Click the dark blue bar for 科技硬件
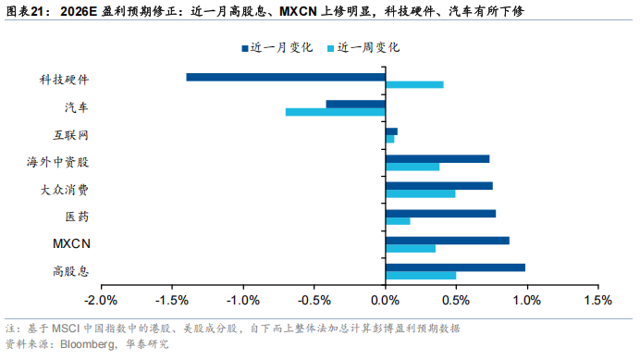click(286, 77)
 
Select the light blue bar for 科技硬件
click(414, 85)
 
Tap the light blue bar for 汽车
click(335, 112)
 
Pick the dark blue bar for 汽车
click(356, 104)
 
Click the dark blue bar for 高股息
click(455, 267)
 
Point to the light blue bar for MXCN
click(411, 248)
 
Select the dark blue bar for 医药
click(440, 213)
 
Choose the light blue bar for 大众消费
click(421, 193)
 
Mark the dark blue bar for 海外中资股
click(437, 158)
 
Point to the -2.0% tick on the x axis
click(101, 301)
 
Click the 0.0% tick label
click(386, 301)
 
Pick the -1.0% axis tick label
click(243, 301)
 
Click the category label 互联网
click(71, 135)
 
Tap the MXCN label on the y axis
click(71, 244)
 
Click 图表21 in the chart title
click(25, 11)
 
